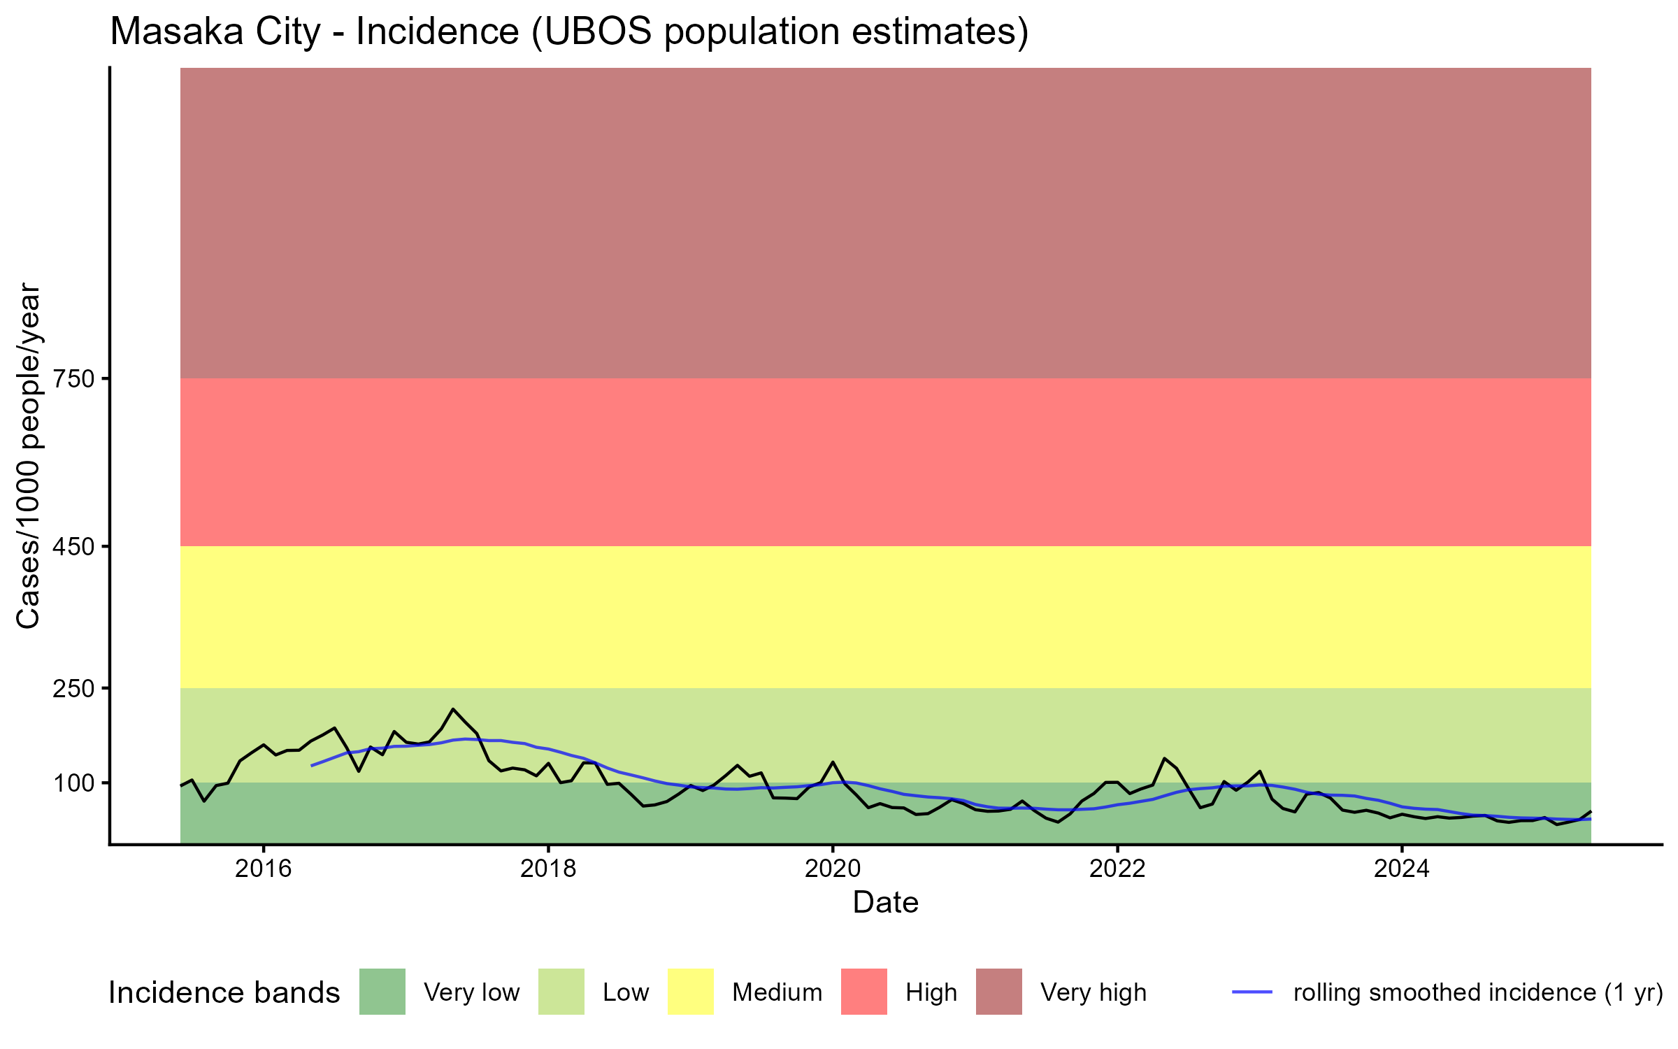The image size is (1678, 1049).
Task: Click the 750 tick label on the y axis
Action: (73, 379)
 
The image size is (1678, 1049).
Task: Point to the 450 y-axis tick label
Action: (73, 547)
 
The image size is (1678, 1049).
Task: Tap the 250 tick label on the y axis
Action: (73, 689)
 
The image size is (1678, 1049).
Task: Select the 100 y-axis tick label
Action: (73, 783)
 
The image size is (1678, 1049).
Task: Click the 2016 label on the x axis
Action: (263, 869)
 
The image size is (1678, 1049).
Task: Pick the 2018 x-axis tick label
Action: (548, 869)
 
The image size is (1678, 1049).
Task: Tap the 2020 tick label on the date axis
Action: (833, 869)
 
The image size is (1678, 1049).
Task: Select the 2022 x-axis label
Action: (1117, 869)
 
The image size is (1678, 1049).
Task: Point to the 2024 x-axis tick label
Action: (1402, 869)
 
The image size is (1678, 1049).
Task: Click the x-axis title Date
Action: (885, 903)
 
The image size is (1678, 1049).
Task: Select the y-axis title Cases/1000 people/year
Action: (28, 456)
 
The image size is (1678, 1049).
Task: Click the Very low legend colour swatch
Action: (382, 992)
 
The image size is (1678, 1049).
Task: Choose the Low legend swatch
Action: (561, 992)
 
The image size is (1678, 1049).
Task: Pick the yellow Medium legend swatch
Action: (691, 992)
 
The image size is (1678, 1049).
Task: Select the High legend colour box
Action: (864, 992)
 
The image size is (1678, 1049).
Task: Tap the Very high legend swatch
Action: (999, 992)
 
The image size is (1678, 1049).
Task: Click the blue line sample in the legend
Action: (1252, 992)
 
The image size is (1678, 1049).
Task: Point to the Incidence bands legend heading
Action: (224, 993)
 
